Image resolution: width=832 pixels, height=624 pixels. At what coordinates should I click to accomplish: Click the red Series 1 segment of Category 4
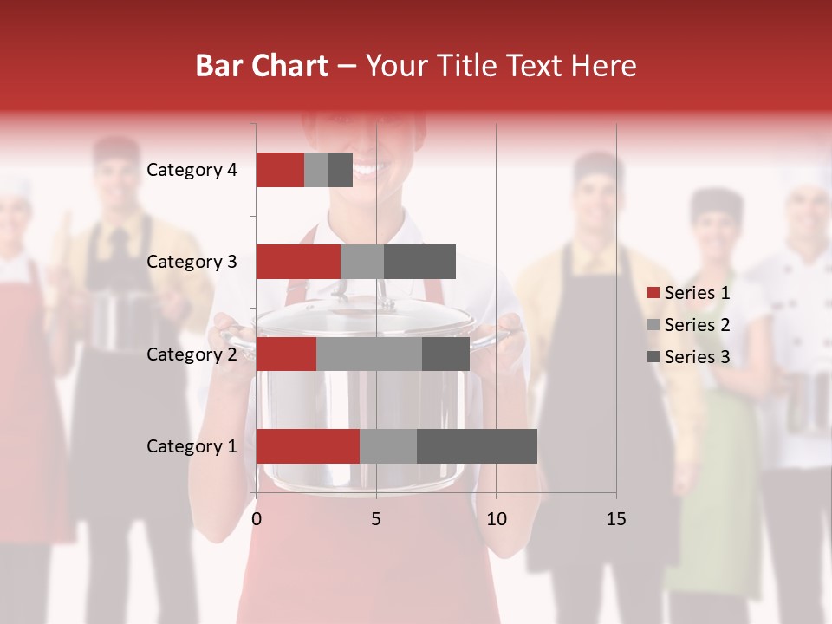point(279,170)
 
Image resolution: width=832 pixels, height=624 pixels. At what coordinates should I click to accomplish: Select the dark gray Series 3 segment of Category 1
point(477,446)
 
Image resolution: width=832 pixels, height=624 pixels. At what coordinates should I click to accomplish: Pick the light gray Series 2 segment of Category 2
point(369,354)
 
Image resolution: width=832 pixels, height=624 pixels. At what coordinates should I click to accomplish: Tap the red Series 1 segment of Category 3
point(298,262)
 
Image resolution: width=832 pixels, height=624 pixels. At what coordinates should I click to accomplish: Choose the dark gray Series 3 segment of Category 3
point(419,262)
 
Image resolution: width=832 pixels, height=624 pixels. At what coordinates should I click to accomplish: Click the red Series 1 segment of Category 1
point(308,446)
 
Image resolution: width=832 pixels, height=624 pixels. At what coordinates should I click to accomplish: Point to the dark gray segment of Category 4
point(341,170)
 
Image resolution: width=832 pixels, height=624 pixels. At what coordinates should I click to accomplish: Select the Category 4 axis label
point(192,170)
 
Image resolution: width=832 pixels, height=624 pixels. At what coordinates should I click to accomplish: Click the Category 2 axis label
point(192,354)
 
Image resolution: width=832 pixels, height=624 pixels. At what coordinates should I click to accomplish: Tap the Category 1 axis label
point(192,446)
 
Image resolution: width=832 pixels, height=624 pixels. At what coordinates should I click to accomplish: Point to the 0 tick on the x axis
point(256,519)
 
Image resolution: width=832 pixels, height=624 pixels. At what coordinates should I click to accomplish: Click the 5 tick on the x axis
point(376,519)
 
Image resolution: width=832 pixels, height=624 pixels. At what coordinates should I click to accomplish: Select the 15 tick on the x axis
point(615,519)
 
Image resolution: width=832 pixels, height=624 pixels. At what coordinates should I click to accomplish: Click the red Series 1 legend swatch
point(653,293)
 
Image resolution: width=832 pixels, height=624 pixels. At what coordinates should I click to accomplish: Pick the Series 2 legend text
point(697,325)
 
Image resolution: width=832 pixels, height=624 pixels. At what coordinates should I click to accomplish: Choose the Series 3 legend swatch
point(653,357)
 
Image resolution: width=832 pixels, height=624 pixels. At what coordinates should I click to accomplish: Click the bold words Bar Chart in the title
point(262,66)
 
